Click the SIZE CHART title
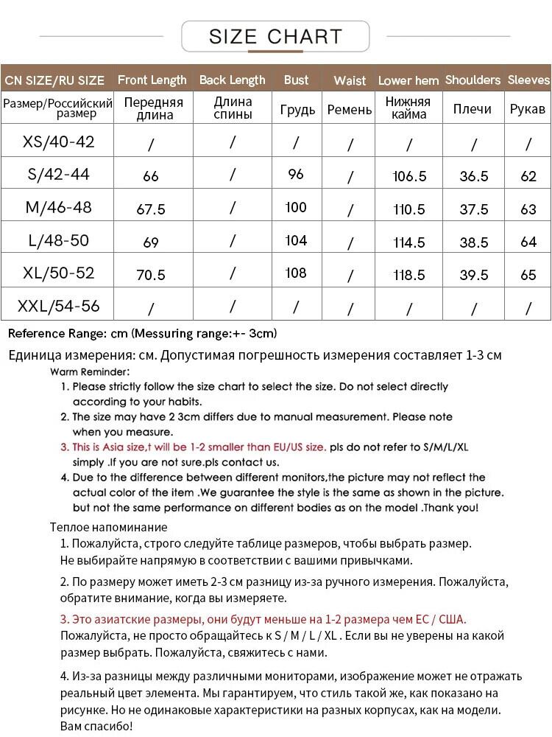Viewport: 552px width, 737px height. click(275, 36)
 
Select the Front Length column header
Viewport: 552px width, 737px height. click(152, 80)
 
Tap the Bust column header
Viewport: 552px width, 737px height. click(297, 80)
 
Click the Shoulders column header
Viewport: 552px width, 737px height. click(473, 80)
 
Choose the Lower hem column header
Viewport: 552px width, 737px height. click(408, 80)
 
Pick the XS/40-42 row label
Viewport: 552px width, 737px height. click(59, 142)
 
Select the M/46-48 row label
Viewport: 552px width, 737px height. click(59, 207)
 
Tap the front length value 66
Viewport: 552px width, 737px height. click(151, 176)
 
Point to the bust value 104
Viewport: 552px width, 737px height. click(296, 240)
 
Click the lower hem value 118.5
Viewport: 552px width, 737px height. click(409, 275)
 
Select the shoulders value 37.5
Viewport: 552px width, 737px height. click(474, 209)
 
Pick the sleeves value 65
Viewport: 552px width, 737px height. click(528, 275)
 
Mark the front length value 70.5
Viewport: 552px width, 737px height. click(151, 275)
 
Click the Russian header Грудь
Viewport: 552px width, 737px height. click(297, 110)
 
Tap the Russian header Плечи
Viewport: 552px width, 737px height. click(473, 109)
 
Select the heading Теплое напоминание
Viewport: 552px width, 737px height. click(108, 527)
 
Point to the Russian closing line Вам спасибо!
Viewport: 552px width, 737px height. click(96, 727)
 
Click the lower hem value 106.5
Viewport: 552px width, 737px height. click(409, 176)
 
